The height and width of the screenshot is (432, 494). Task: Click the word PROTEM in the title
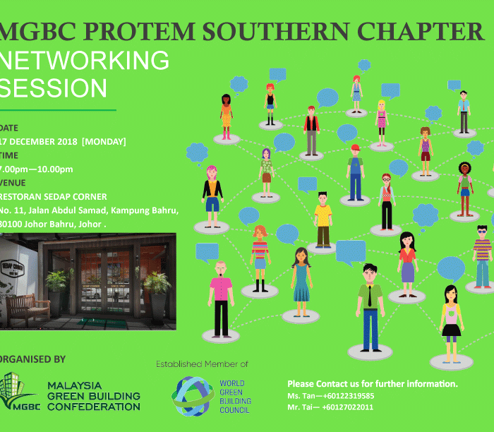tap(139, 32)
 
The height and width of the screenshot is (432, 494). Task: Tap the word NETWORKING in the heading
tap(85, 60)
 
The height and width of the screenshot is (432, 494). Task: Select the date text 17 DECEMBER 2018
tap(38, 142)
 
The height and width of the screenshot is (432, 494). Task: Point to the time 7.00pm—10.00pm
tap(36, 169)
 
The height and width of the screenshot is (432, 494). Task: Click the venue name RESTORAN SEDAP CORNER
tap(53, 197)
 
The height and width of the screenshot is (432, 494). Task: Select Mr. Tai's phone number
tap(347, 407)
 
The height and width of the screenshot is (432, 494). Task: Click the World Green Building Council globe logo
tap(193, 396)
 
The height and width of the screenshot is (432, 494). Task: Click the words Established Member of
tap(202, 364)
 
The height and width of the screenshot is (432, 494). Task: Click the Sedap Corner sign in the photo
tap(13, 268)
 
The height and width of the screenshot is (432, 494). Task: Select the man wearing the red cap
tap(356, 172)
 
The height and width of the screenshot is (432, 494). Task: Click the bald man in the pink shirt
tap(221, 299)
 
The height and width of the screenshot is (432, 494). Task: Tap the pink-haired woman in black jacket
tap(212, 196)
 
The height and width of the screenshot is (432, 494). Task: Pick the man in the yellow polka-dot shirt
tap(323, 220)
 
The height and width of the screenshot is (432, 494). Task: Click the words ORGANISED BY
tap(32, 359)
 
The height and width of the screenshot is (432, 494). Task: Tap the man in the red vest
tap(312, 131)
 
